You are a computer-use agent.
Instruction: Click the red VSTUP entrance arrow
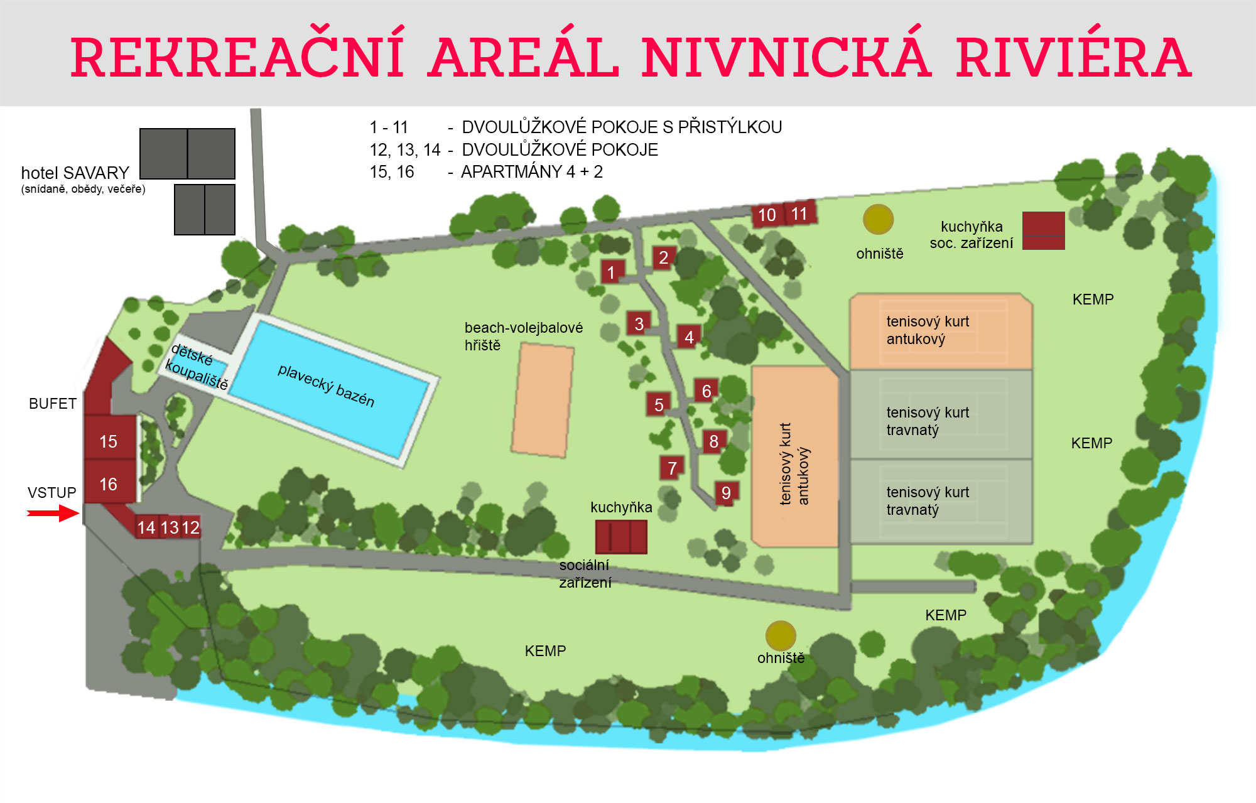click(53, 514)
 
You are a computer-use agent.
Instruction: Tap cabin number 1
click(612, 272)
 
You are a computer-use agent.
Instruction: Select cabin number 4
click(689, 337)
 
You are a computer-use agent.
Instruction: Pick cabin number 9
click(726, 493)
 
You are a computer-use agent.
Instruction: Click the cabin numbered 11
click(799, 213)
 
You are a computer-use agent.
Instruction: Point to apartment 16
click(109, 483)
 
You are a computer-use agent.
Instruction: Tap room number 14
click(146, 527)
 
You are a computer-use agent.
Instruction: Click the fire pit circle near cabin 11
click(878, 219)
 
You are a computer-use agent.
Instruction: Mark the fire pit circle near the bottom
click(781, 635)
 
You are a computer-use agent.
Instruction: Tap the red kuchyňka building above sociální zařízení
click(620, 536)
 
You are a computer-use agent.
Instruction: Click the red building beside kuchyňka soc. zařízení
click(1043, 230)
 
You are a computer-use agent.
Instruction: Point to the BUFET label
click(53, 404)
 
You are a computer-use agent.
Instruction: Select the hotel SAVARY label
click(75, 173)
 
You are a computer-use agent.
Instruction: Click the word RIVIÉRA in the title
click(1073, 58)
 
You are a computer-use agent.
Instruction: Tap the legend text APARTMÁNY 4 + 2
click(531, 172)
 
